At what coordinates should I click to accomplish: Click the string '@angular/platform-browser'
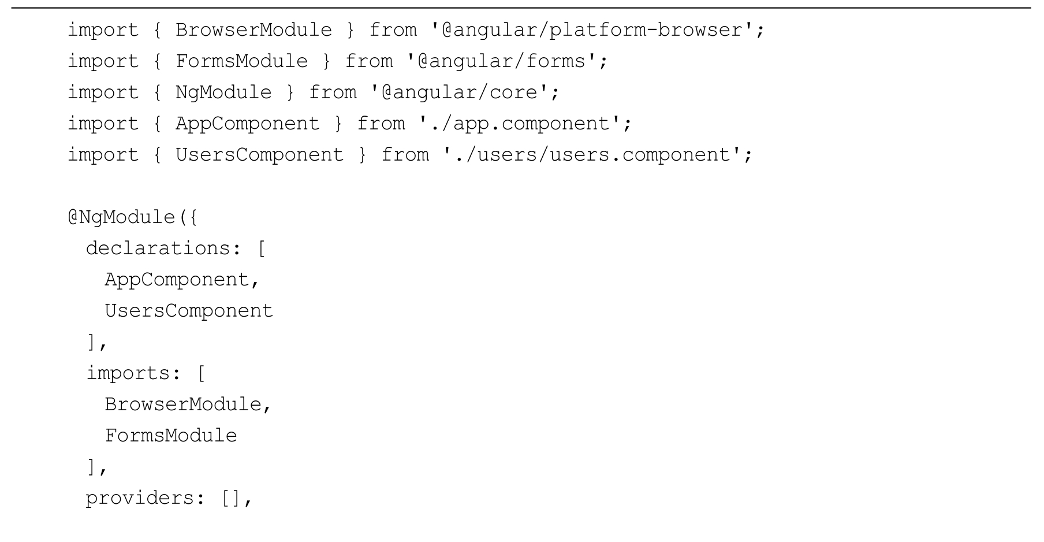(592, 30)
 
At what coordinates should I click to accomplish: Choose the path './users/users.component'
(592, 155)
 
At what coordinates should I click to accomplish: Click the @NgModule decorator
(124, 217)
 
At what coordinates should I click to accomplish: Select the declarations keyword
(158, 248)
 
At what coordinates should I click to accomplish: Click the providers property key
(139, 498)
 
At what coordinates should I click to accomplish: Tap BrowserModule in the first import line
(253, 30)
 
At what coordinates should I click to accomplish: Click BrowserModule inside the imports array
(182, 404)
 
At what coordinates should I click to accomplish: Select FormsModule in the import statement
(241, 61)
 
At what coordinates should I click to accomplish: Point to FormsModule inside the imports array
(171, 436)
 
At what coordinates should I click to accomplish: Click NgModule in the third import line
(223, 92)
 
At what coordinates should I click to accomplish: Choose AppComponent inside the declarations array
(176, 280)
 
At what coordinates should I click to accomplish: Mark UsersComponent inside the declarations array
(189, 311)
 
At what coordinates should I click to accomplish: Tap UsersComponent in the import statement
(259, 155)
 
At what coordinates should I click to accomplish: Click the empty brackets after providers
(230, 498)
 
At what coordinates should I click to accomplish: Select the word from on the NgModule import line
(333, 92)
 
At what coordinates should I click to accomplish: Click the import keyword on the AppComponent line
(103, 124)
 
